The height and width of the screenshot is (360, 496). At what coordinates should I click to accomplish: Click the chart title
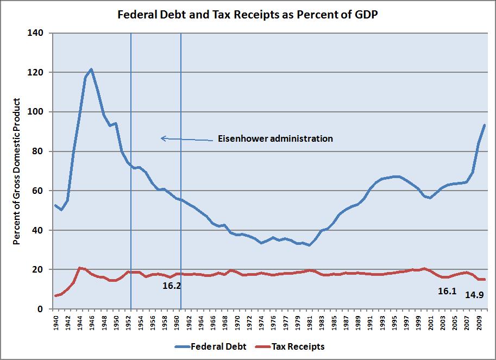tap(248, 15)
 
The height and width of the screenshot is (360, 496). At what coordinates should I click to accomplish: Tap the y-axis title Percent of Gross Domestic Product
tap(17, 171)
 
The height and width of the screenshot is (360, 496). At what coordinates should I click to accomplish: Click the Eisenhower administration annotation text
tap(275, 138)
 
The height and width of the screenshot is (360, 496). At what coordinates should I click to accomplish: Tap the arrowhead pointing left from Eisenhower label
tap(162, 138)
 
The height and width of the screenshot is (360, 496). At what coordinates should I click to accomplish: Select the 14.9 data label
tap(474, 295)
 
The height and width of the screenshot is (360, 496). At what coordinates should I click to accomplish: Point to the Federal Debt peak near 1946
tap(91, 69)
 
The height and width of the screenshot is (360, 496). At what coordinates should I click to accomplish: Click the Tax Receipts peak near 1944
tap(79, 268)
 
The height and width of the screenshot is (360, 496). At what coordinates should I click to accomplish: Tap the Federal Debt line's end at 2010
tap(485, 125)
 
